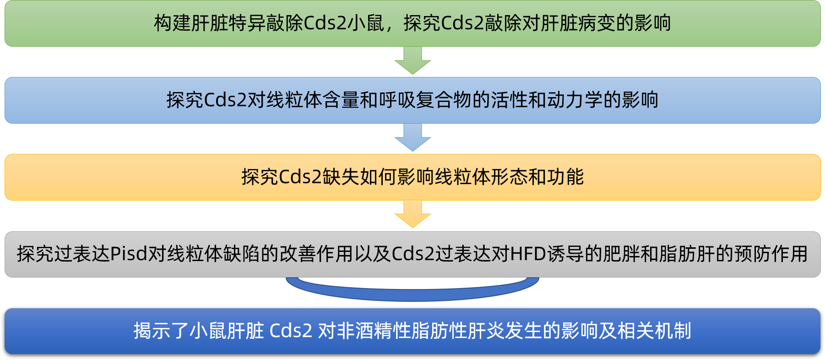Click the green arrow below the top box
(412, 60)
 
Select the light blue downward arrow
(412, 137)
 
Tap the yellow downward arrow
(412, 214)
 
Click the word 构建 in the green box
(172, 23)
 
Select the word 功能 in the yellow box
(565, 177)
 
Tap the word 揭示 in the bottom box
(152, 331)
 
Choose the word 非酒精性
(374, 331)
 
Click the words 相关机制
(654, 331)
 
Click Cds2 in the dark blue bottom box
(291, 331)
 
